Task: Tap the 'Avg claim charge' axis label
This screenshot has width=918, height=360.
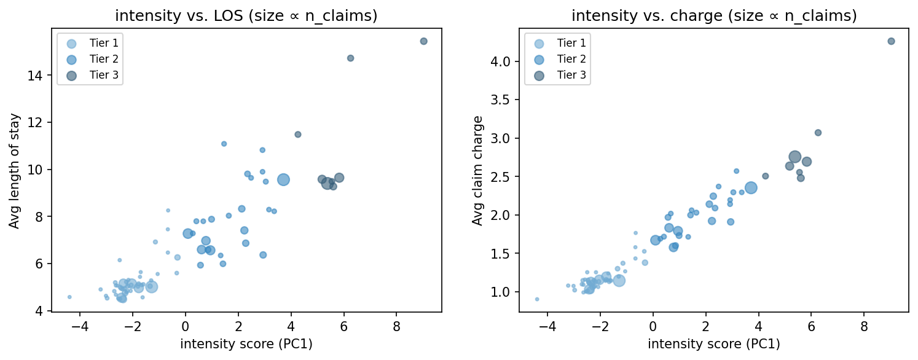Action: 477,171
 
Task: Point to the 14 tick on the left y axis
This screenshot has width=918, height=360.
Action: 38,76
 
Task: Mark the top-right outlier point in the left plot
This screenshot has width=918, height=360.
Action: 423,41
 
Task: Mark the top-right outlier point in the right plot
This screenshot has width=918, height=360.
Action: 891,41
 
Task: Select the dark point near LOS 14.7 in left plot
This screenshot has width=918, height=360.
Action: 350,58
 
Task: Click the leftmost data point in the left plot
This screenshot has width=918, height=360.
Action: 69,297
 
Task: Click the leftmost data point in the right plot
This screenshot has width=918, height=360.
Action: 537,299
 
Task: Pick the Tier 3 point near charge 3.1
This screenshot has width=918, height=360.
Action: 818,133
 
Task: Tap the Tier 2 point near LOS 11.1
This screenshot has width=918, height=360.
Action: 224,144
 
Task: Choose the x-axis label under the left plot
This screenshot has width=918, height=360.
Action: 246,344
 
